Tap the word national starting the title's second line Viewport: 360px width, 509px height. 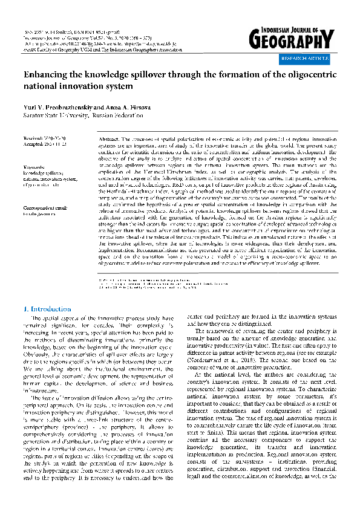coord(41,88)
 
